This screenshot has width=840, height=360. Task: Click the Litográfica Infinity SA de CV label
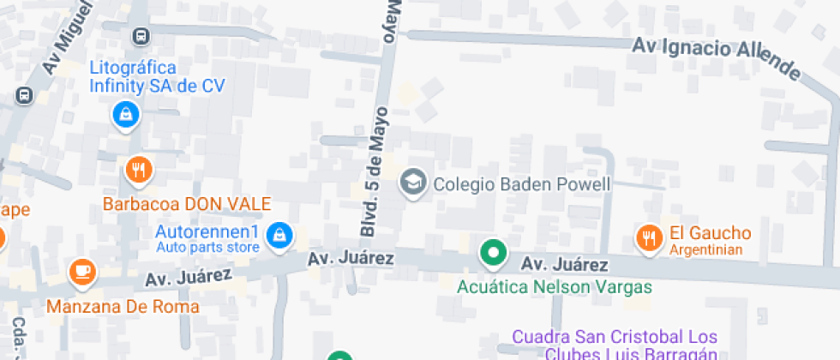[x=145, y=76]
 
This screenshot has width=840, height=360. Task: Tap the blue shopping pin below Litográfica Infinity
[x=126, y=113]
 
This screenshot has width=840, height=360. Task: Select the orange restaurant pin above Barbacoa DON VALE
[x=139, y=170]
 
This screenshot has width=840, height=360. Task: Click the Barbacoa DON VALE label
[x=187, y=204]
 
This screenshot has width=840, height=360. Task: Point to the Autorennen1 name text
[x=207, y=232]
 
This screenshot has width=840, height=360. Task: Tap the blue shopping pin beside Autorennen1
[x=278, y=235]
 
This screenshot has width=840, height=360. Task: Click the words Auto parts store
[x=207, y=249]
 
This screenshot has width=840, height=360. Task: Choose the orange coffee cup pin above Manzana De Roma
[x=82, y=272]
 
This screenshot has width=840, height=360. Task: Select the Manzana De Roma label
[x=123, y=306]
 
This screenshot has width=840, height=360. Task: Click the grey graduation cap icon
[x=413, y=183]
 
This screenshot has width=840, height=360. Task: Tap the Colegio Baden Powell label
[x=521, y=183]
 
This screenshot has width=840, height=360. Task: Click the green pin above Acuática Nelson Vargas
[x=493, y=253]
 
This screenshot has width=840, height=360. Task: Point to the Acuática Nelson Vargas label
[x=554, y=287]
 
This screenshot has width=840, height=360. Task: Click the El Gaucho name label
[x=710, y=232]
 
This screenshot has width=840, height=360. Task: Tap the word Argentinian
[x=705, y=249]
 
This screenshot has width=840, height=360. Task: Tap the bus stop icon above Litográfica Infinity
[x=141, y=36]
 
